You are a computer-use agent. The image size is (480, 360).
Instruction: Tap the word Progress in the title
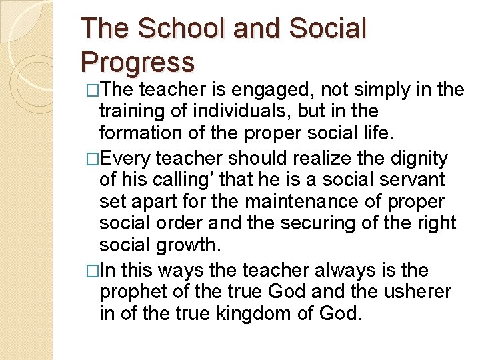pyautogui.click(x=137, y=62)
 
